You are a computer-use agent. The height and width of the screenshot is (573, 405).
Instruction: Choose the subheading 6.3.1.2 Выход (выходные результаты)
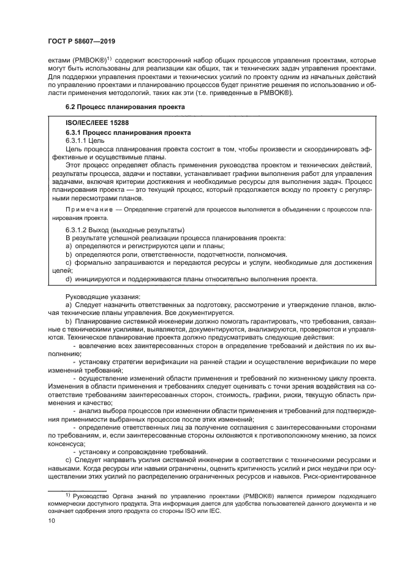point(116,228)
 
